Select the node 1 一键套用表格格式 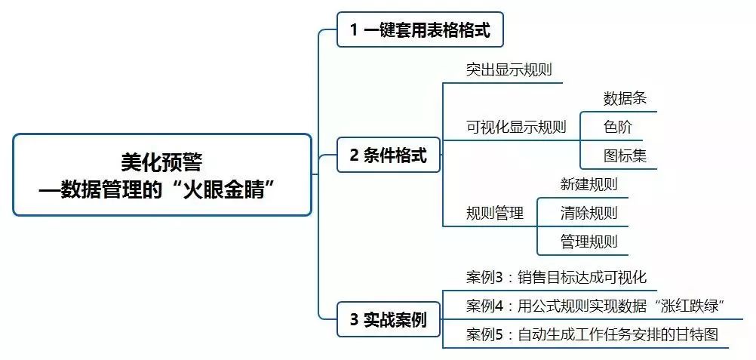click(x=419, y=30)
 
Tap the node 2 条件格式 click(x=388, y=156)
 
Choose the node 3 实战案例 click(x=388, y=320)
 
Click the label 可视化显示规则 click(x=516, y=127)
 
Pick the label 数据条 click(x=625, y=98)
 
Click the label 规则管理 click(x=495, y=214)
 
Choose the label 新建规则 click(x=589, y=184)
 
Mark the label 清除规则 click(x=589, y=213)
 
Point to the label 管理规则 click(x=589, y=242)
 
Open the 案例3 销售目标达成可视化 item click(x=556, y=277)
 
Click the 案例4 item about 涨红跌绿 click(x=595, y=306)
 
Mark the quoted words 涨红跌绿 click(x=691, y=306)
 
